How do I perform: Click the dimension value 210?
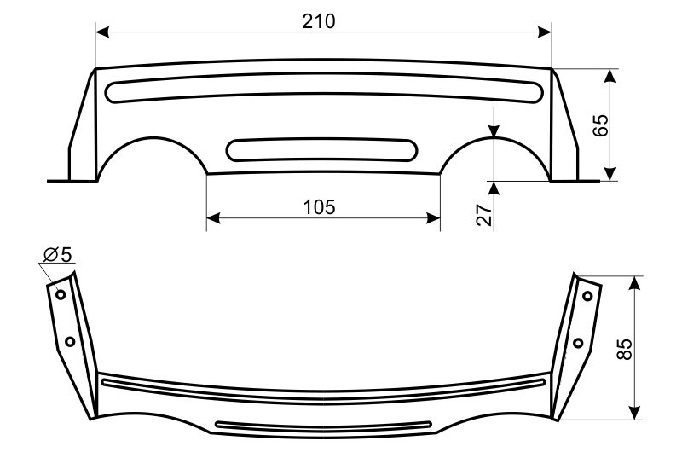[319, 21]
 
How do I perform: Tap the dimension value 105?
[319, 207]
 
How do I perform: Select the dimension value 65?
[601, 125]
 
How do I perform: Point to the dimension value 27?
[484, 214]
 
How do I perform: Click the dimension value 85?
[625, 349]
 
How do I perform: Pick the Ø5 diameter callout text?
[57, 254]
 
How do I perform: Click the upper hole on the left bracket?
[61, 294]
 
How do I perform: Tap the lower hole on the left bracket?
[70, 341]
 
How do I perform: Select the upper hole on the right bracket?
[587, 296]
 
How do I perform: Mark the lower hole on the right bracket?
[578, 343]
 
